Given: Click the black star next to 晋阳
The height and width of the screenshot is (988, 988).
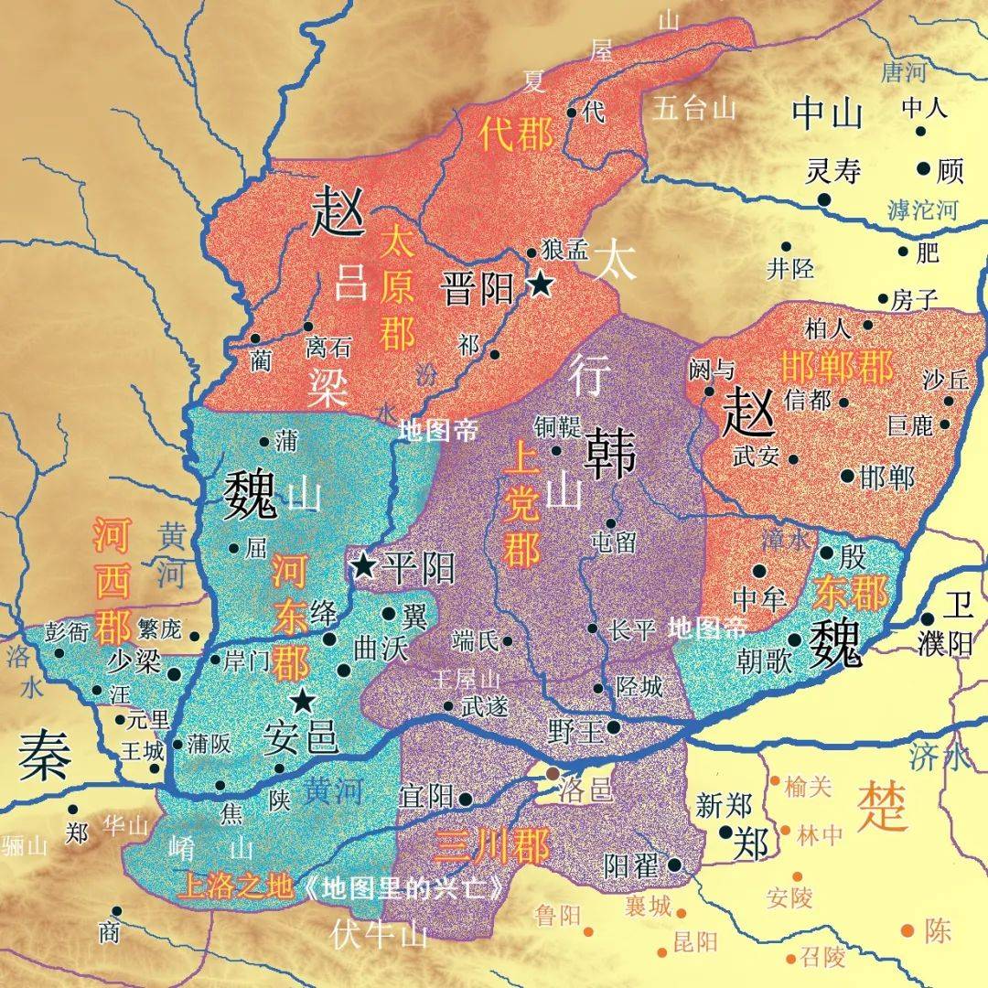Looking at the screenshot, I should pos(541,285).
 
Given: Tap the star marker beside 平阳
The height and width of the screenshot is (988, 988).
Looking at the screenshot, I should pos(365,566).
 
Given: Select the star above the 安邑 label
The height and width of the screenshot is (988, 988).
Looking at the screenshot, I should pos(303,702).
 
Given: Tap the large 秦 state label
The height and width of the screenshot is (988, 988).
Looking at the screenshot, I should pos(43,755).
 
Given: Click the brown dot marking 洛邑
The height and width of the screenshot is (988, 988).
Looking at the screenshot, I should pos(553,774).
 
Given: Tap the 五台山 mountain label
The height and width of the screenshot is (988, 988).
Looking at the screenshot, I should pos(695,109).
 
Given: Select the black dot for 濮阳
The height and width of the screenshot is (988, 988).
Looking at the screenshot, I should pos(927,619).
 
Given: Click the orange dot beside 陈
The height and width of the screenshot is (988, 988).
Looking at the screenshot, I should pos(907,930).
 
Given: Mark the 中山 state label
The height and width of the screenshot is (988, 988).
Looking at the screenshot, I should pos(827,113).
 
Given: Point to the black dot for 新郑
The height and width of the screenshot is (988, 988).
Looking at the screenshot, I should pos(725,832).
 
